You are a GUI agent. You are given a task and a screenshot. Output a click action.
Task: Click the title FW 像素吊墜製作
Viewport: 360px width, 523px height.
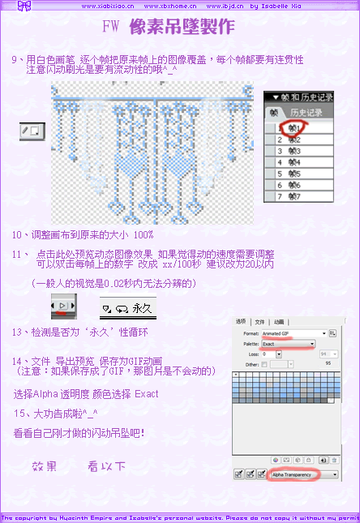[x=170, y=27]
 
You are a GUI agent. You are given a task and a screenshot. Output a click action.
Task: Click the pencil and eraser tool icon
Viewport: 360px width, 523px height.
[x=32, y=130]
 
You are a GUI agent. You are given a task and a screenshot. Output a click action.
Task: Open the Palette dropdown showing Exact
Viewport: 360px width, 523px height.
[x=287, y=345]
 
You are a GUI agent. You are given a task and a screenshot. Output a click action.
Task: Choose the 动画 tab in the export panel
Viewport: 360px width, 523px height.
[x=279, y=321]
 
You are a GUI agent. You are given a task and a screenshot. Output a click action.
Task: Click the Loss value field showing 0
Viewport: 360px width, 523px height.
[x=272, y=354]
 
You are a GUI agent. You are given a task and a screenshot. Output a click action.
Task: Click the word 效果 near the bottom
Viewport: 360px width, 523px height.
[x=45, y=466]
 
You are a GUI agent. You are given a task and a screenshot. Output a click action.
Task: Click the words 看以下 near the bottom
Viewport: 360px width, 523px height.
[x=106, y=466]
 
